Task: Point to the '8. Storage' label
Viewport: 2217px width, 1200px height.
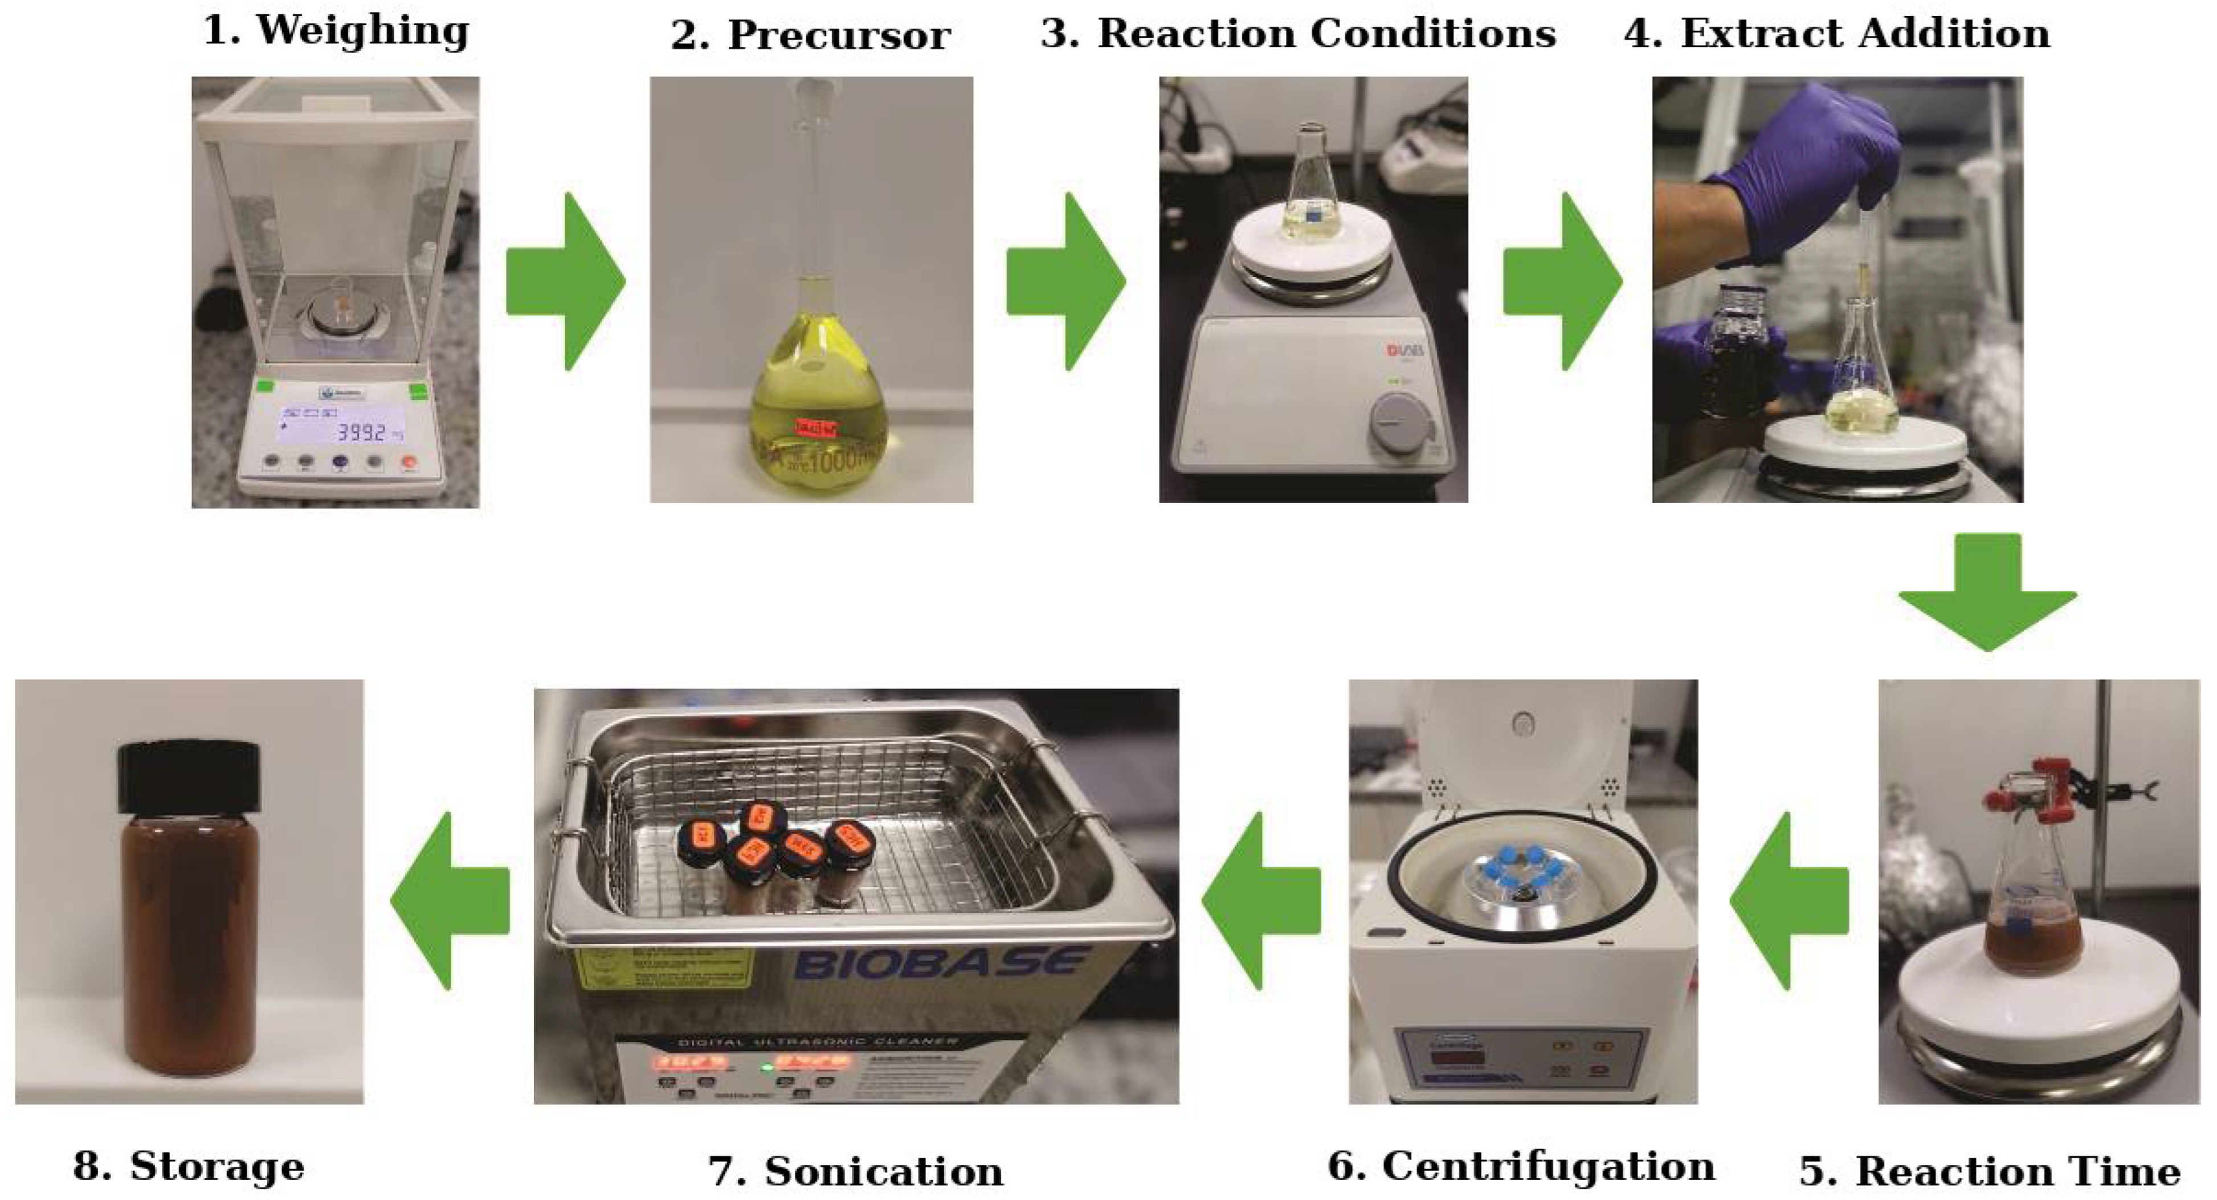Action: pos(189,1166)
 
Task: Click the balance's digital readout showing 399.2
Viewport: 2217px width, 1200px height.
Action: pos(361,431)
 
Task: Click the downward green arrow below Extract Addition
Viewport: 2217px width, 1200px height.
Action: pos(1987,591)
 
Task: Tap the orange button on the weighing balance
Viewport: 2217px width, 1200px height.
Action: pos(409,462)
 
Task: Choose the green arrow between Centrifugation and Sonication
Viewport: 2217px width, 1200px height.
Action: pos(1261,900)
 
